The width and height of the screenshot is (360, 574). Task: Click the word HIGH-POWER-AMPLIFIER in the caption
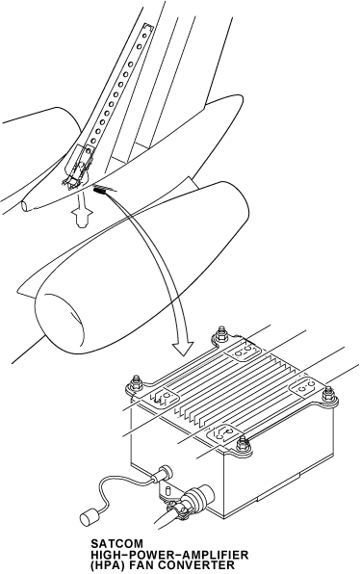[x=169, y=555]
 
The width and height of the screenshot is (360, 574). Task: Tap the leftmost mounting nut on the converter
[x=137, y=381]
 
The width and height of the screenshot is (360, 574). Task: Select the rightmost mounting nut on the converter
[x=328, y=394]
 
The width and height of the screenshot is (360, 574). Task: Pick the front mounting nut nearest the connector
[x=242, y=444]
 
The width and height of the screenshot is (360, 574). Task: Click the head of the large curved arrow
[x=183, y=348]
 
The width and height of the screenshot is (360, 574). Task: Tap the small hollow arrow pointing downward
[x=82, y=215]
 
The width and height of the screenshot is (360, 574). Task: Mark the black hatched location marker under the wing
[x=101, y=190]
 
